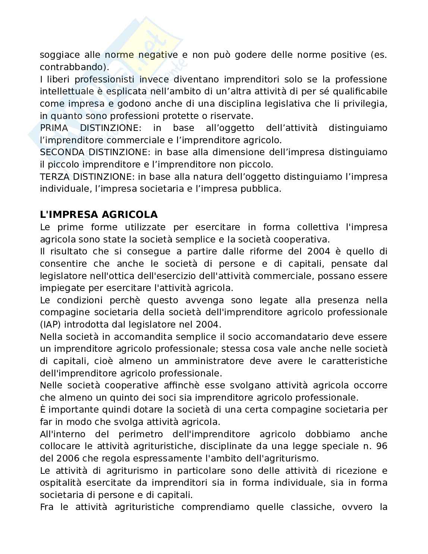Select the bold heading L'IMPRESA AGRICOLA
click(99, 215)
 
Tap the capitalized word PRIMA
click(54, 128)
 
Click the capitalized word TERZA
click(55, 176)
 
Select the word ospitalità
click(61, 482)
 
